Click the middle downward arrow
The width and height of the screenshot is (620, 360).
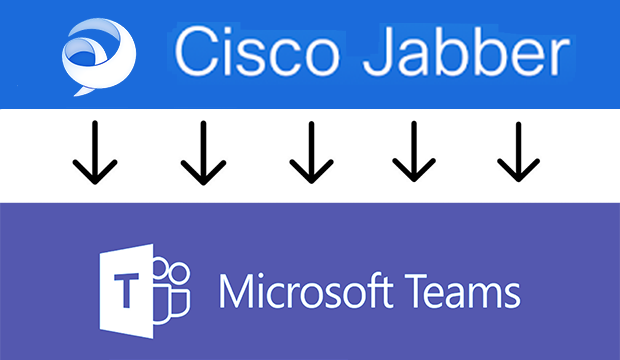tap(308, 153)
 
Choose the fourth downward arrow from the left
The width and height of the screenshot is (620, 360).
tap(411, 153)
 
